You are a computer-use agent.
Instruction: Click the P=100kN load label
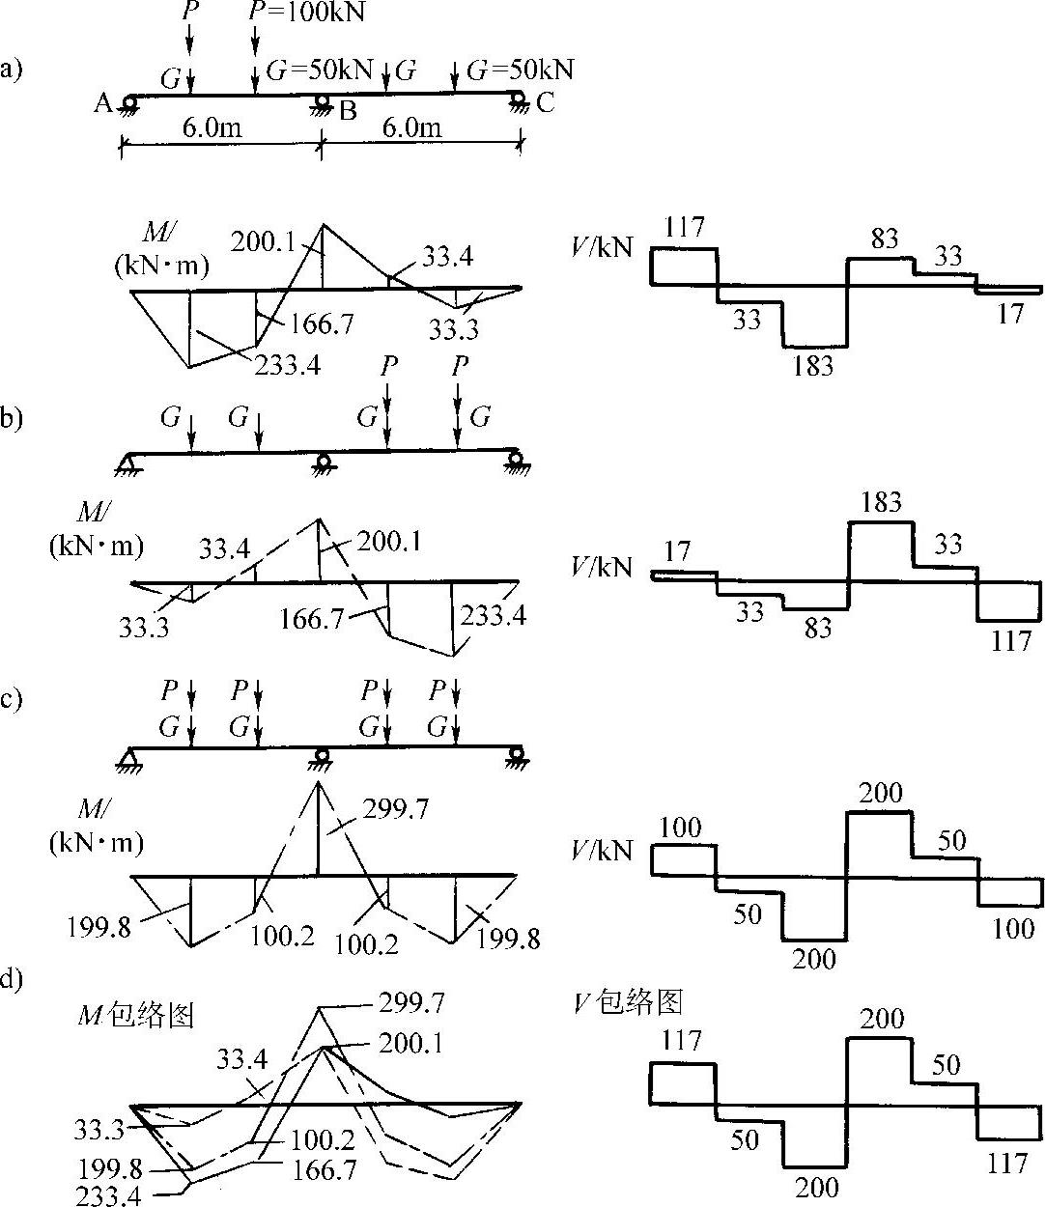pos(294,13)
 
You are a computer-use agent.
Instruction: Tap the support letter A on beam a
pos(103,102)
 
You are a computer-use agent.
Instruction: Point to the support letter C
pos(546,102)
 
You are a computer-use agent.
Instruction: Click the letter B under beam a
pos(348,110)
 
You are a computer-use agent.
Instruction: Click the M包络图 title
pos(137,1015)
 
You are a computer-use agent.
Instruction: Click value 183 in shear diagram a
pos(812,366)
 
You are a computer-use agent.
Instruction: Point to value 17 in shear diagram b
pos(678,551)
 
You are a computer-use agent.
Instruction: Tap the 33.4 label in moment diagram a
pos(447,257)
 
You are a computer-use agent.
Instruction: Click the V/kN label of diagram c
pos(603,850)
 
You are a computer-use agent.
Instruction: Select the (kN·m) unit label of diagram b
pos(96,547)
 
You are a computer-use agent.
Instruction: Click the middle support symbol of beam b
pos(322,463)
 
